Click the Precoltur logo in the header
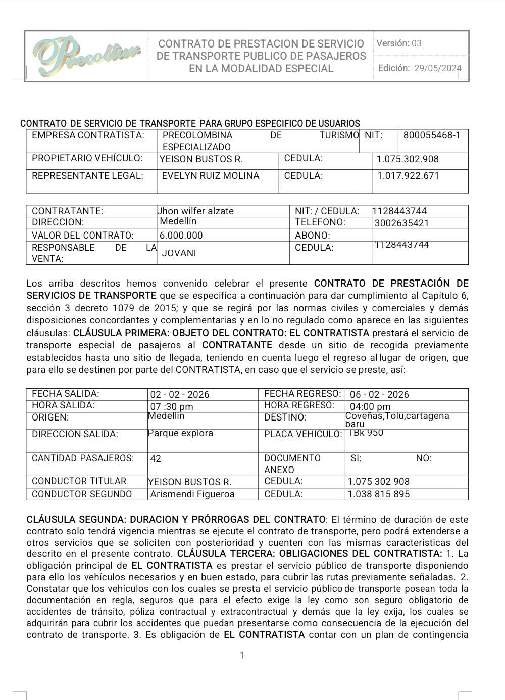pyautogui.click(x=86, y=55)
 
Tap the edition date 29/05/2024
pyautogui.click(x=437, y=69)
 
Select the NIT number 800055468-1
pyautogui.click(x=432, y=135)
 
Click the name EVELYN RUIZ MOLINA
pyautogui.click(x=210, y=176)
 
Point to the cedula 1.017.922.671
pyautogui.click(x=408, y=176)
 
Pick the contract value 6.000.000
pyautogui.click(x=181, y=235)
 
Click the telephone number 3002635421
pyautogui.click(x=401, y=223)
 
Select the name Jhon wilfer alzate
pyautogui.click(x=196, y=211)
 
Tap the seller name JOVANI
pyautogui.click(x=179, y=253)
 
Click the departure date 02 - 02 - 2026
pyautogui.click(x=180, y=394)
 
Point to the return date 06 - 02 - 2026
pyautogui.click(x=379, y=394)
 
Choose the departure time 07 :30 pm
pyautogui.click(x=172, y=406)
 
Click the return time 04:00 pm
pyautogui.click(x=370, y=406)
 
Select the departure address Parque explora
pyautogui.click(x=180, y=433)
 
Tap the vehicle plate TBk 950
pyautogui.click(x=366, y=433)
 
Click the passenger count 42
pyautogui.click(x=156, y=458)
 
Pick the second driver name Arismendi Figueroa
pyautogui.click(x=192, y=494)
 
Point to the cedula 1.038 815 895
pyautogui.click(x=378, y=494)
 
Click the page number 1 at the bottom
pyautogui.click(x=242, y=656)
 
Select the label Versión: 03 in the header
pyautogui.click(x=399, y=43)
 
